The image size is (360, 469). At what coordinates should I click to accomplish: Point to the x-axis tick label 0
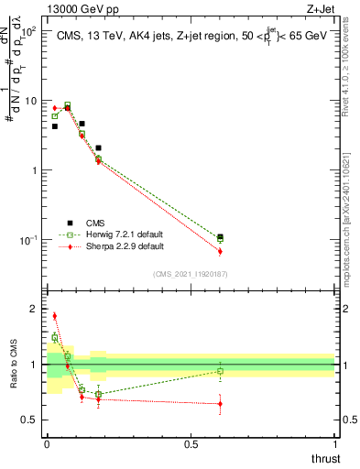point(46,443)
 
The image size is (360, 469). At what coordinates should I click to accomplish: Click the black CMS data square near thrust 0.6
point(220,237)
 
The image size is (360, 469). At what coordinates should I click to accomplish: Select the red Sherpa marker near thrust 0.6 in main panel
point(220,251)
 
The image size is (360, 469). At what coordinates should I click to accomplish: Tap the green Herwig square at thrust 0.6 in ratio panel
point(220,371)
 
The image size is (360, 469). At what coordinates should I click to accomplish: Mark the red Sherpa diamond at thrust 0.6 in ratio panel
point(220,403)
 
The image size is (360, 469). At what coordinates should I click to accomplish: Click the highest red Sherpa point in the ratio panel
point(54,316)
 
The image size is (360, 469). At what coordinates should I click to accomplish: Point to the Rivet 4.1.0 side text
point(351,64)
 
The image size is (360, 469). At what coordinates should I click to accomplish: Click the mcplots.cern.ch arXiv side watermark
point(351,211)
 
